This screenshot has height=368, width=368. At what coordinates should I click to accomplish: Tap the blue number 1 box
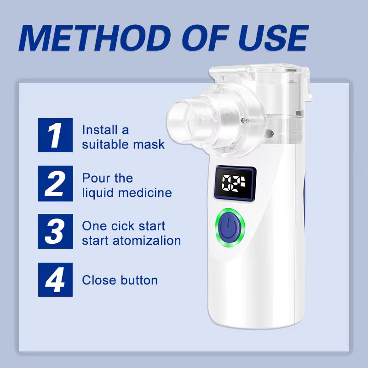point(55,135)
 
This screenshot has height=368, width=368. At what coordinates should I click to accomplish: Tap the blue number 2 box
point(55,183)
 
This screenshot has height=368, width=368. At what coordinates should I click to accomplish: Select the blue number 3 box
point(55,231)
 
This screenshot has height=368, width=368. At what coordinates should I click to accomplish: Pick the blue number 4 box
point(55,279)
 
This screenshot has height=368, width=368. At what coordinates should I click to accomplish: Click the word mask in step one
point(149,144)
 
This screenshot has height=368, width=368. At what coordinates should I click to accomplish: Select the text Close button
point(120,280)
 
